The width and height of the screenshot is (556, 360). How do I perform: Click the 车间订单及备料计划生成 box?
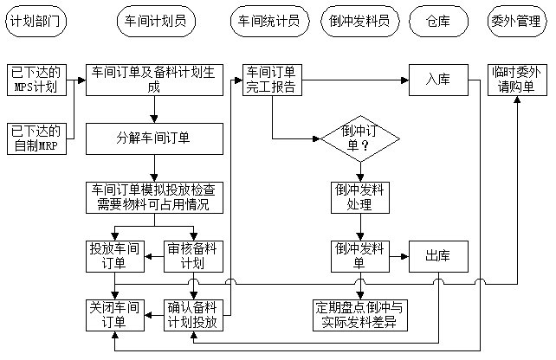[154, 80]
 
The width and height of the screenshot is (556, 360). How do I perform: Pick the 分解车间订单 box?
[154, 136]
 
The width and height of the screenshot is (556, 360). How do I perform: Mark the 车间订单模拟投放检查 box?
[154, 197]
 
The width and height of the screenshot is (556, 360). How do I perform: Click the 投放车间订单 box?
[113, 256]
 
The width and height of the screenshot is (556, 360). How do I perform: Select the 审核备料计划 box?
[196, 256]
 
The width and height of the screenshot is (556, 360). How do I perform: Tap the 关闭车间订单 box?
[113, 314]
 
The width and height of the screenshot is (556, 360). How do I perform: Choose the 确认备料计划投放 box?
[196, 314]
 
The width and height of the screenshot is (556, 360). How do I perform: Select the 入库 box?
[437, 80]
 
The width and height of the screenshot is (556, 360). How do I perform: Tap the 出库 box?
[437, 256]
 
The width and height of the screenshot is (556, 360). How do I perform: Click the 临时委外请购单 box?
[516, 80]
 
